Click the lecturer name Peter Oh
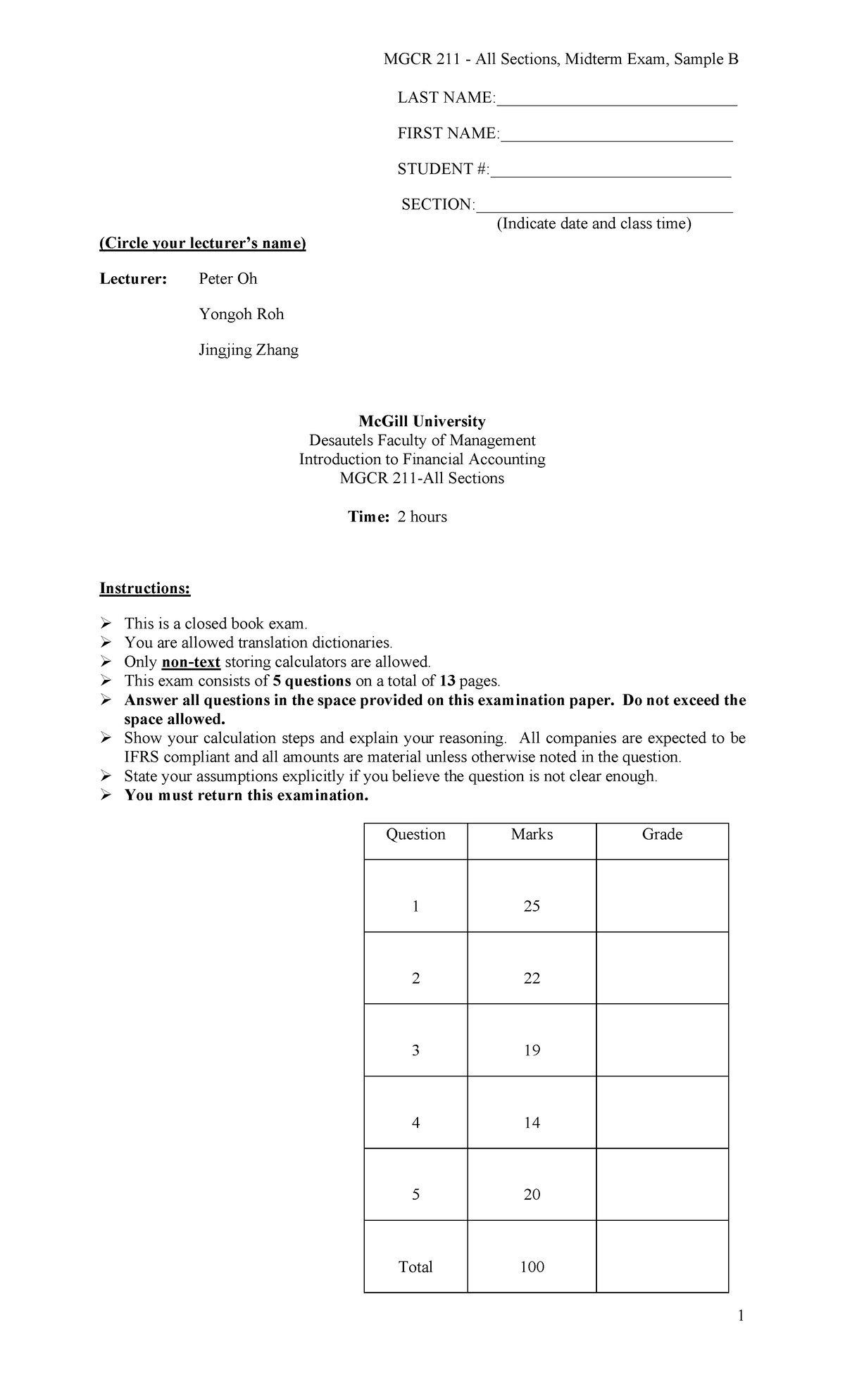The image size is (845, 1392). click(x=227, y=279)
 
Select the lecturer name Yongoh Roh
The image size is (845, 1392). click(x=241, y=314)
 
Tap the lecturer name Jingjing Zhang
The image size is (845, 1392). click(x=248, y=350)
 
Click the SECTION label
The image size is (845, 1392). click(x=437, y=204)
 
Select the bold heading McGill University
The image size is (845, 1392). click(x=422, y=421)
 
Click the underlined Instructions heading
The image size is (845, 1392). click(x=144, y=588)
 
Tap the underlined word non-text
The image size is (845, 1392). click(x=191, y=662)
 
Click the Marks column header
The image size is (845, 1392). click(x=532, y=834)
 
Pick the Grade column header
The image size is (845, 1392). click(x=662, y=834)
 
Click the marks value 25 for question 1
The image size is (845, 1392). click(x=532, y=906)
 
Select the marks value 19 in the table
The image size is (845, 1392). click(x=532, y=1050)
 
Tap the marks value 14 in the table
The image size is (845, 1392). click(x=532, y=1123)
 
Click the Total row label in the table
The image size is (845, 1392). click(x=415, y=1267)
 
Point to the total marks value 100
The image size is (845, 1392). click(x=532, y=1267)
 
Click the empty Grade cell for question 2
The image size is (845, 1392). click(x=662, y=968)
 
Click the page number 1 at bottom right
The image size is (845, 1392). click(x=741, y=1316)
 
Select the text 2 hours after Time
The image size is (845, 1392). click(x=422, y=517)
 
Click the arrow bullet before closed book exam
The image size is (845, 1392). click(x=106, y=623)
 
